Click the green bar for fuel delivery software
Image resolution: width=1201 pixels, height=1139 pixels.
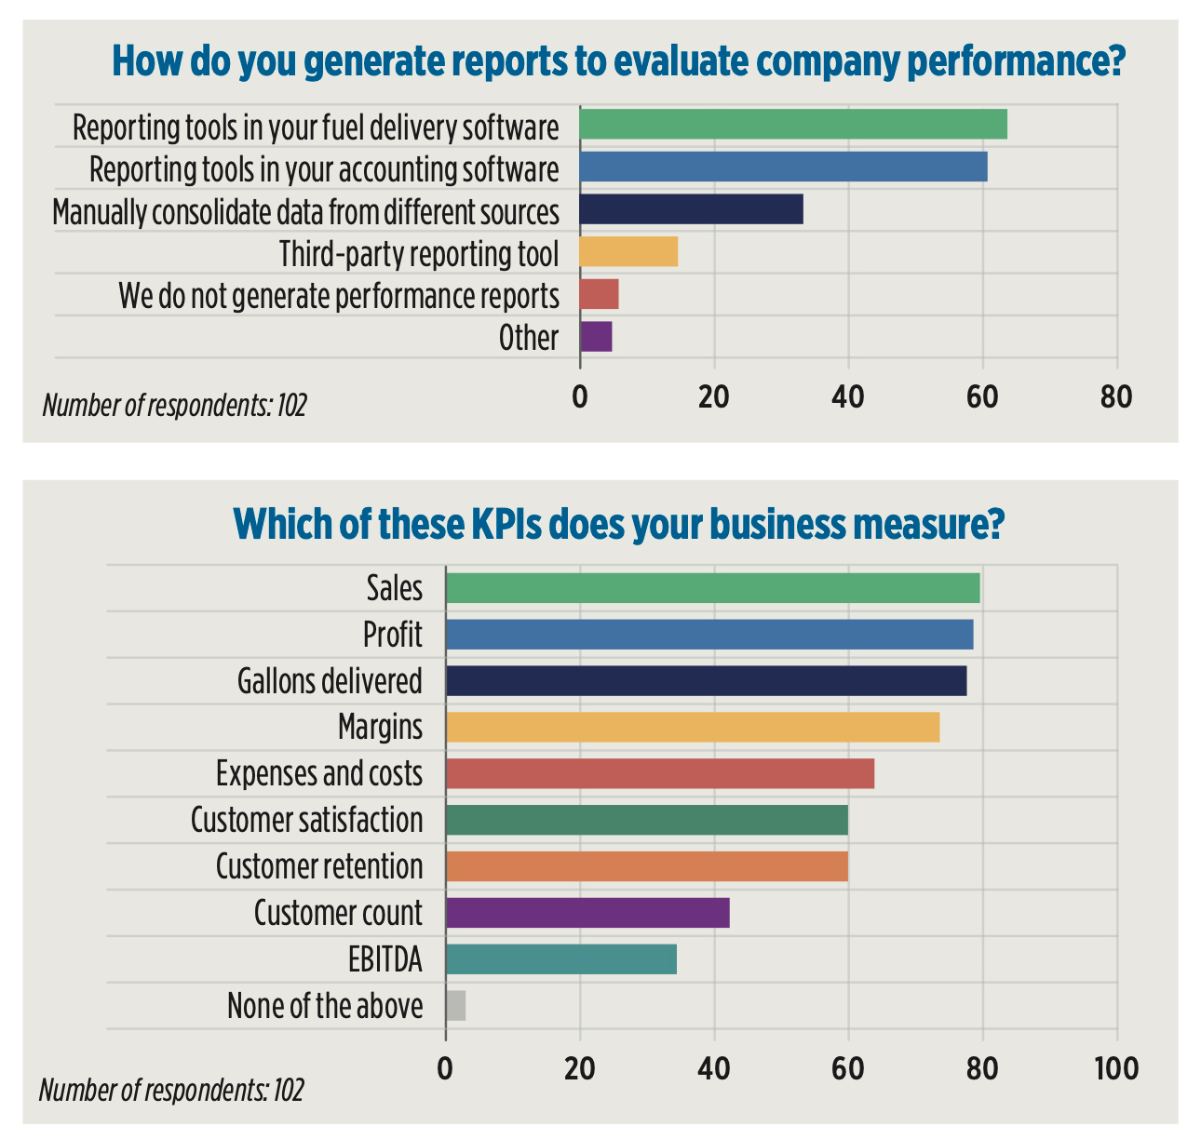[792, 125]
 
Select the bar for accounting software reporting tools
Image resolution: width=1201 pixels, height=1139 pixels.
[783, 167]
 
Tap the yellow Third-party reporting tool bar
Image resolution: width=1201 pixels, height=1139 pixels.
[628, 252]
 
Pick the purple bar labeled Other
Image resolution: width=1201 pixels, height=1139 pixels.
[596, 336]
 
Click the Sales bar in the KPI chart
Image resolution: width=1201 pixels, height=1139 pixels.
[712, 588]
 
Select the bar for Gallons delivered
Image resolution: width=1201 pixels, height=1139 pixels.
[706, 681]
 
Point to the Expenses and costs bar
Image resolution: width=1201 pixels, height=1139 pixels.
[659, 773]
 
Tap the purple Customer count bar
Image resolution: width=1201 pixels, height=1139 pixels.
[587, 913]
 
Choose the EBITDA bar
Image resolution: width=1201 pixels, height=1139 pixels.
[560, 959]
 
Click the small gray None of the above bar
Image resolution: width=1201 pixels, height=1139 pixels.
[455, 1006]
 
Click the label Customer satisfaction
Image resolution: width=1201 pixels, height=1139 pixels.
[306, 821]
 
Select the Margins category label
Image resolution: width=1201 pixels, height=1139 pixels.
[380, 727]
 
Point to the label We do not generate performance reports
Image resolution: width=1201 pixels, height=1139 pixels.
[338, 296]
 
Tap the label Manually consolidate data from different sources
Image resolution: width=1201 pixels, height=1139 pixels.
[305, 212]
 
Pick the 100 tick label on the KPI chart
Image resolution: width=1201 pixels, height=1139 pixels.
[1116, 1068]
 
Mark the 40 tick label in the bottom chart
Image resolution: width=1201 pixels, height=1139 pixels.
[714, 1068]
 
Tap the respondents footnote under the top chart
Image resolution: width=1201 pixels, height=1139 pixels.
[174, 406]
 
